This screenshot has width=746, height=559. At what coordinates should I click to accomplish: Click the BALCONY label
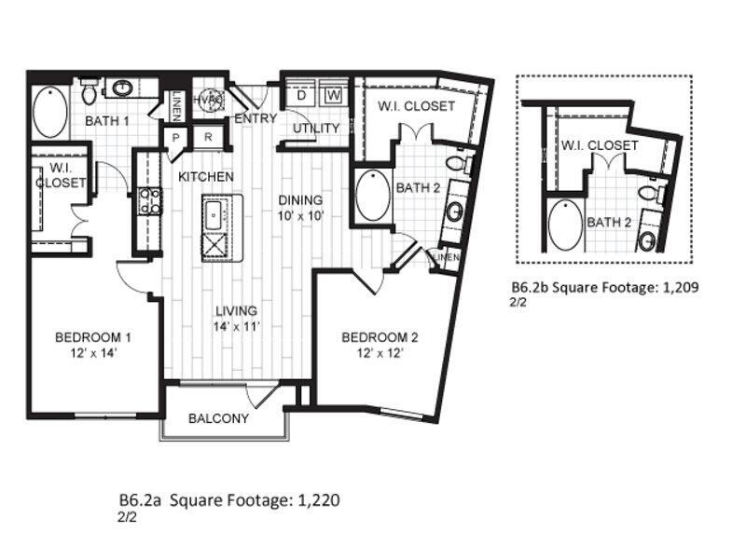point(219,418)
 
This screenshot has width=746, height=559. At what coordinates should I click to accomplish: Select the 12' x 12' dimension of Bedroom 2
point(379,353)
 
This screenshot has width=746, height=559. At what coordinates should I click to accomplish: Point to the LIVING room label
point(235,310)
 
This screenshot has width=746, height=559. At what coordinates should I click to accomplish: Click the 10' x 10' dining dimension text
point(299,216)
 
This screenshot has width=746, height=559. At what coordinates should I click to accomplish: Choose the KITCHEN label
point(206,176)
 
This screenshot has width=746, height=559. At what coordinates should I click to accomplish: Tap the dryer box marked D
point(302,95)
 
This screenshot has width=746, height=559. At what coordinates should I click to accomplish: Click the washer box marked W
point(333,95)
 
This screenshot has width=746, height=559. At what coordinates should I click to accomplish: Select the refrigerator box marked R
point(208,137)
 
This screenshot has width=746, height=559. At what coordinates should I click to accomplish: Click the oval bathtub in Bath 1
point(49,114)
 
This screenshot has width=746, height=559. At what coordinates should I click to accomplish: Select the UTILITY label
point(316,128)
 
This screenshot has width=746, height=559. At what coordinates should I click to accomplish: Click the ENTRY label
point(254,119)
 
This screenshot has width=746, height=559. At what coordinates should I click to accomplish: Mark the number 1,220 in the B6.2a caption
point(318,500)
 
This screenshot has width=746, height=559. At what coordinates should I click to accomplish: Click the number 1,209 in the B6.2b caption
point(679,288)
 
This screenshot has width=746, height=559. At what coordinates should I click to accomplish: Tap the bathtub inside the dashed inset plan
point(563,225)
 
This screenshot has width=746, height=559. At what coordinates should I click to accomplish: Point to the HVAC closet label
point(206,100)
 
